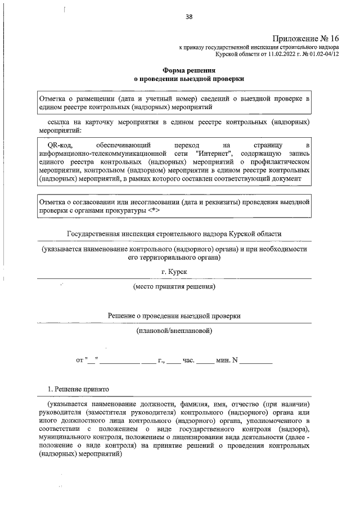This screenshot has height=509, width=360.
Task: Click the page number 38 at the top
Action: point(189,17)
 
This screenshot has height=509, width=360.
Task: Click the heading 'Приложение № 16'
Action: point(305,38)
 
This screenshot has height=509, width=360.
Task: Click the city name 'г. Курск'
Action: point(174,271)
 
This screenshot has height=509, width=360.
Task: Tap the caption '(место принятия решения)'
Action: point(174,286)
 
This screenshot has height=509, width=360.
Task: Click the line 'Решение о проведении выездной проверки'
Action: point(174,316)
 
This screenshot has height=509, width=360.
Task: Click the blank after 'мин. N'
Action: point(255,359)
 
